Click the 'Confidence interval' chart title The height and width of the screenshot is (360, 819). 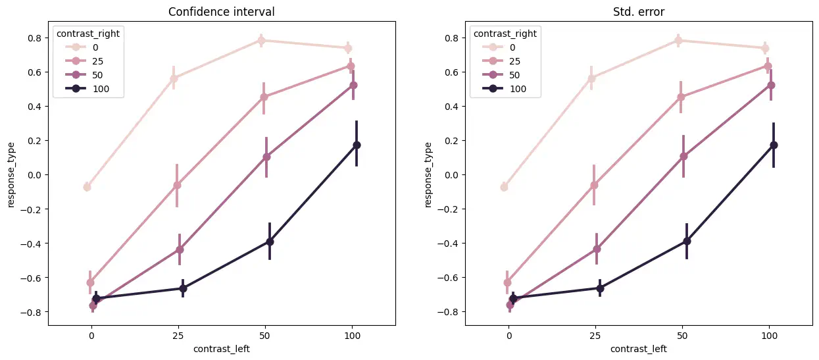[222, 12]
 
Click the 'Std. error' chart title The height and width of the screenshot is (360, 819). [639, 12]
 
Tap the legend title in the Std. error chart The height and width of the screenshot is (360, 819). [503, 34]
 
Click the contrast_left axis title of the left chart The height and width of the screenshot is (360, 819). [222, 349]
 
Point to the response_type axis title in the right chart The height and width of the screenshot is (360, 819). [428, 174]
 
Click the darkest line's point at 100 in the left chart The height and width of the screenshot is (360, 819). [357, 145]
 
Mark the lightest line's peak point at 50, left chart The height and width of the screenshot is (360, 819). [261, 40]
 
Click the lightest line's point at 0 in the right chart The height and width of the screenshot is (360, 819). [504, 187]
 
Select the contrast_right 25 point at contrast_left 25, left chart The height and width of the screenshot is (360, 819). [177, 185]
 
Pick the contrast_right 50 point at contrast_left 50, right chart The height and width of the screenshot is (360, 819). [683, 156]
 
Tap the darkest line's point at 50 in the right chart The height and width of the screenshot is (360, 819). [687, 241]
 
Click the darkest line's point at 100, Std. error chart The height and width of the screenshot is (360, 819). [774, 145]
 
